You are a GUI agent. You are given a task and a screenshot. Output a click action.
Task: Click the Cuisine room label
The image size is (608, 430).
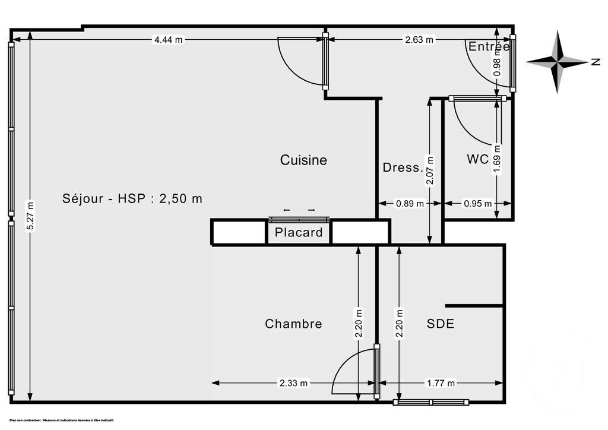(x=303, y=160)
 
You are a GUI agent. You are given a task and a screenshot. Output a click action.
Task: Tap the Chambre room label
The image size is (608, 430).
(x=293, y=324)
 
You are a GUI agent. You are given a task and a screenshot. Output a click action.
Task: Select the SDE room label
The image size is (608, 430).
(x=441, y=324)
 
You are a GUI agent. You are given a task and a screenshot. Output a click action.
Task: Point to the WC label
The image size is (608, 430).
(x=477, y=159)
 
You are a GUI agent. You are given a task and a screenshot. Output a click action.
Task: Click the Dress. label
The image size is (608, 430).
(x=402, y=167)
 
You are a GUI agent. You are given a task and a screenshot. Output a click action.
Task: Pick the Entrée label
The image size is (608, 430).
(x=489, y=46)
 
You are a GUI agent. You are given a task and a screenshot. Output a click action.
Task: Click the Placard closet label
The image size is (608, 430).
(x=299, y=232)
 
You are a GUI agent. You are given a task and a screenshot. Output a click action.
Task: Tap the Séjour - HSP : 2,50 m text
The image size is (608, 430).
(x=132, y=198)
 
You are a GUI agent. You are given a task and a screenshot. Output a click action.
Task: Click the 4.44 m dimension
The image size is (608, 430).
(x=169, y=40)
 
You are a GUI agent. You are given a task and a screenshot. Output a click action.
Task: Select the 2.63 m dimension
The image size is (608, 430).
(x=420, y=40)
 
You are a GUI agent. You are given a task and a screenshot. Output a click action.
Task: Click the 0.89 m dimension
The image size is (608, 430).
(x=410, y=204)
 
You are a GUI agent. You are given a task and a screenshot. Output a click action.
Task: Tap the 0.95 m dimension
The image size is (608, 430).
(x=477, y=204)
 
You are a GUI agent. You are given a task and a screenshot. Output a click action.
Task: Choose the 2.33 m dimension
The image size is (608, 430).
(x=294, y=383)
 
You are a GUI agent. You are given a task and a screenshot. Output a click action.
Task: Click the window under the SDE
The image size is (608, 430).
(x=432, y=403)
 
